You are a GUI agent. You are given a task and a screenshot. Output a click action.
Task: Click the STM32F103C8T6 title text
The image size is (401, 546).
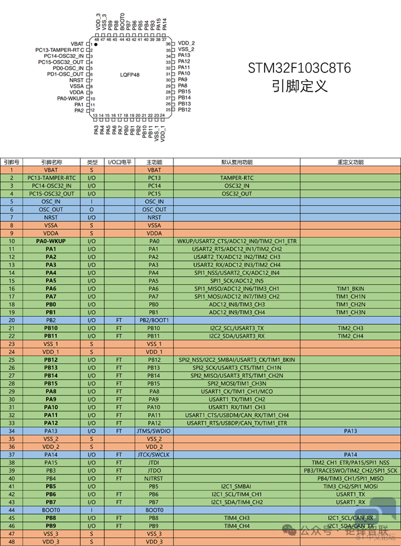(x=299, y=68)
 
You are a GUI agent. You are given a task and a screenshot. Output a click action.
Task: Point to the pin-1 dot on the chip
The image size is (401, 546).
(x=95, y=45)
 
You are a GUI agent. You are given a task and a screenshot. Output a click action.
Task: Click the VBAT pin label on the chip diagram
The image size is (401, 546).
(x=77, y=44)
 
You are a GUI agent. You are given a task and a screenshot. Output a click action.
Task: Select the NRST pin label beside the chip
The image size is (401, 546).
(x=76, y=80)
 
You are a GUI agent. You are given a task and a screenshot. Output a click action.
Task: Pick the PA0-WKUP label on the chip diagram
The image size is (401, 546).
(x=71, y=98)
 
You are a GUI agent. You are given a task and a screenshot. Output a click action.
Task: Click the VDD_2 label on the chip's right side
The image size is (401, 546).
(x=186, y=43)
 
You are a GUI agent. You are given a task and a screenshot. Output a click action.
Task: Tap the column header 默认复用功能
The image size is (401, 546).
(x=236, y=162)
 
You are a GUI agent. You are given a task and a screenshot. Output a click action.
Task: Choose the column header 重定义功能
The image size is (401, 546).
(x=350, y=162)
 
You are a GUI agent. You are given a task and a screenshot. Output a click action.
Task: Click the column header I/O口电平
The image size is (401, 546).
(x=119, y=162)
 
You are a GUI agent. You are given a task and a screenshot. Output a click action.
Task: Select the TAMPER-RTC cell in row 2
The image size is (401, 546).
(x=236, y=177)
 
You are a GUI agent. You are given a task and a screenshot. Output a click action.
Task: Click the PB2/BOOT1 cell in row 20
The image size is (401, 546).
(x=154, y=320)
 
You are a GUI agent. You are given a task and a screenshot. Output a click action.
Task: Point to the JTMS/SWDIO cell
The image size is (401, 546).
(x=154, y=431)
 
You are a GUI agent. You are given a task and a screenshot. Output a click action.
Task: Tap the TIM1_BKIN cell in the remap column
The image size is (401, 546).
(x=350, y=289)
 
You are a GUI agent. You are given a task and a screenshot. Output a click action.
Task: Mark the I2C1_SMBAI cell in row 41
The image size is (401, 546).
(x=236, y=486)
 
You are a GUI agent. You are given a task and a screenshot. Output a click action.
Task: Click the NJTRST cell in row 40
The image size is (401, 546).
(x=154, y=478)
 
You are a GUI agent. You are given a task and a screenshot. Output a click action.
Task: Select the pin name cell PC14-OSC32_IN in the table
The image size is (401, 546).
(x=51, y=186)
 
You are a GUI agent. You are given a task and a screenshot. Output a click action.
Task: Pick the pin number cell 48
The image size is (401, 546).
(x=12, y=541)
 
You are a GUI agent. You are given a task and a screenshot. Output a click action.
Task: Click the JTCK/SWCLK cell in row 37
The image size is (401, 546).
(x=154, y=454)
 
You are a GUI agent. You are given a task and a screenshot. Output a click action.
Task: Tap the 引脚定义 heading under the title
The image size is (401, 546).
(x=299, y=86)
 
